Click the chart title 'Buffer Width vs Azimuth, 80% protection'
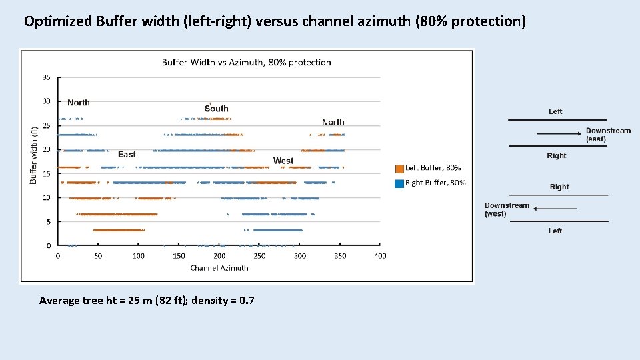(246, 63)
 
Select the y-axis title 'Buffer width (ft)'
(34, 156)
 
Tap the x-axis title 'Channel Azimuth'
(219, 268)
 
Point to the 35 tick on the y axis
(47, 77)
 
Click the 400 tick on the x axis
(380, 256)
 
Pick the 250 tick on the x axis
(259, 256)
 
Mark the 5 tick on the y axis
(48, 222)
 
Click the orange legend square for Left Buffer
(399, 169)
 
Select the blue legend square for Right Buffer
(399, 183)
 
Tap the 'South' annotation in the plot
(216, 109)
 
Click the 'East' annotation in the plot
(127, 155)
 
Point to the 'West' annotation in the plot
(283, 161)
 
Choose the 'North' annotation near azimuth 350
(333, 122)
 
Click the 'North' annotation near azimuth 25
(78, 103)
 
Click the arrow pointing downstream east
(559, 134)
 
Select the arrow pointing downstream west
(555, 209)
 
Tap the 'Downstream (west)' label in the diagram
(507, 209)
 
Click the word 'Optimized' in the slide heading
(58, 21)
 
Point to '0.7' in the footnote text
(246, 301)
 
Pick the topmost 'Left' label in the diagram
(555, 111)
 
